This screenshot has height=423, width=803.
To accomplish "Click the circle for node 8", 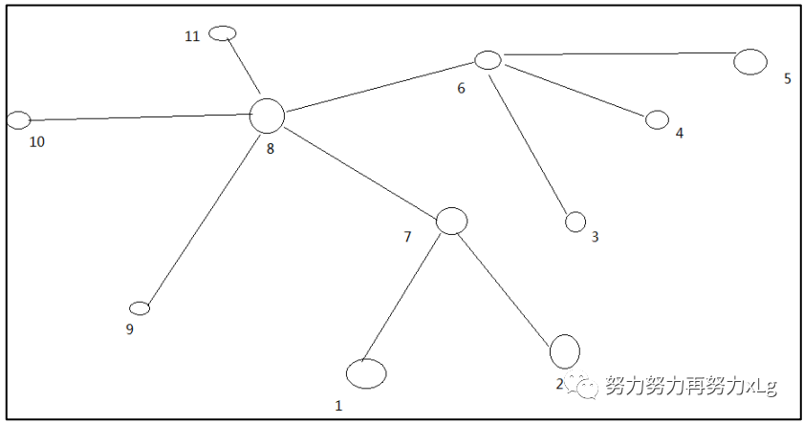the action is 268,116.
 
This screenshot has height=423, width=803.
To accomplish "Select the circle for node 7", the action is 451,221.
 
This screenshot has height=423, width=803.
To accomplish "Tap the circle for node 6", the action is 488,60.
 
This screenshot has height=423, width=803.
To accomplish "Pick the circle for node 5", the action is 750,61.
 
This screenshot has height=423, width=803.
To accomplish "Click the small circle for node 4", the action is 657,119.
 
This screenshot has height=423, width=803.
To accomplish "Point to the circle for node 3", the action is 575,222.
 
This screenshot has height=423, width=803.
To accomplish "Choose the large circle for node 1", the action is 366,373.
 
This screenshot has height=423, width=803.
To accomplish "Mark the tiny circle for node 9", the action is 140,307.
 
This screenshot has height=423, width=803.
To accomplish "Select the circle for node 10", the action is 18,120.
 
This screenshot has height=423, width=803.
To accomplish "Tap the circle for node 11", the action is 222,33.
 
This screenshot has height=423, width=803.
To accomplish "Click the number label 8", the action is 270,148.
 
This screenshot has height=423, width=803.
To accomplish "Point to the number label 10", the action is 36,142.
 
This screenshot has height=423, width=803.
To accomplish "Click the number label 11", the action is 192,36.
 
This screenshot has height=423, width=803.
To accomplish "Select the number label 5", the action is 787,78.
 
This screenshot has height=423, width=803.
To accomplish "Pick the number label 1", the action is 337,406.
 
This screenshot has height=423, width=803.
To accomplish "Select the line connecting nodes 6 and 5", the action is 617,54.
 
